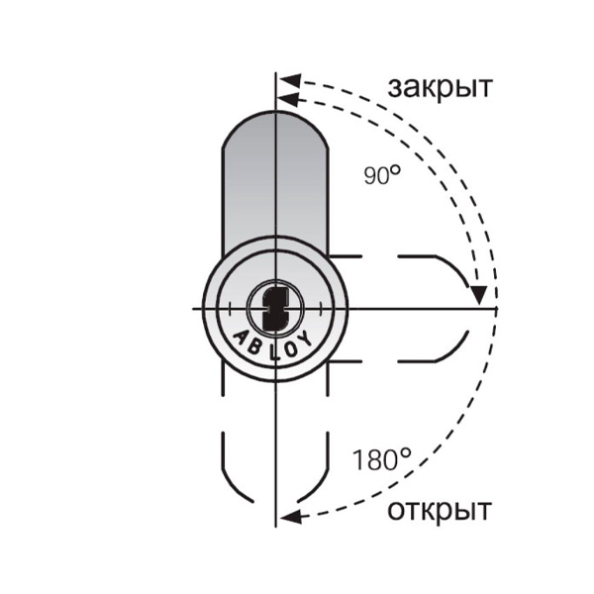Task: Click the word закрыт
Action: [441, 88]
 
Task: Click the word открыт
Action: [440, 511]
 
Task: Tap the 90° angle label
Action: [382, 175]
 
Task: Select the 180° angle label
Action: [381, 458]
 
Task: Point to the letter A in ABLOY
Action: [242, 338]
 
